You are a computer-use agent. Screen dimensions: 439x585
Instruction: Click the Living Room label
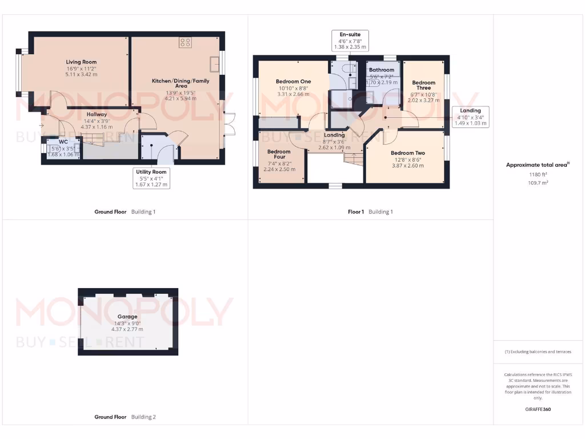(x=81, y=62)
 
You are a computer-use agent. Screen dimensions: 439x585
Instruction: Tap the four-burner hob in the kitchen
(x=185, y=42)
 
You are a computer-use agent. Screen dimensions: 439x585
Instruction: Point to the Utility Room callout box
(x=151, y=178)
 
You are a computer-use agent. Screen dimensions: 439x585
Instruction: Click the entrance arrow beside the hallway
(x=41, y=125)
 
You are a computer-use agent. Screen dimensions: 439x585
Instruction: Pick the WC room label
(x=63, y=141)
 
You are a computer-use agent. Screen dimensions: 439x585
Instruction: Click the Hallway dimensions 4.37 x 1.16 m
(x=97, y=127)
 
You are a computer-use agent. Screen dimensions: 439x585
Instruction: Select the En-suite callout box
(x=350, y=41)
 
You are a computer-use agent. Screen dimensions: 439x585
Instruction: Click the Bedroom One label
(x=293, y=81)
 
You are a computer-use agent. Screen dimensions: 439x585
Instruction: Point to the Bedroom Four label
(x=279, y=154)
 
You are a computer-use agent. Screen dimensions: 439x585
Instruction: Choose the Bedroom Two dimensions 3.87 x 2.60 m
(x=407, y=166)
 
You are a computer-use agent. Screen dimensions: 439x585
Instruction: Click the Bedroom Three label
(x=423, y=85)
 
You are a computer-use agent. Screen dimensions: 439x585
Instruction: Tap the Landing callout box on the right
(x=470, y=117)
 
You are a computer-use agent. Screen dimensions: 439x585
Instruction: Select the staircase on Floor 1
(x=353, y=158)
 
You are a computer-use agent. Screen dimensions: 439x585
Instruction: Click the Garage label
(x=127, y=316)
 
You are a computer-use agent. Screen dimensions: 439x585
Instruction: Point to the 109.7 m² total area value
(x=537, y=183)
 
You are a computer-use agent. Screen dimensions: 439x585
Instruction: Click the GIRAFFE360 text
(x=538, y=409)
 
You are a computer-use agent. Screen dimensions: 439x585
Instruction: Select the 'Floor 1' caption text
(x=355, y=211)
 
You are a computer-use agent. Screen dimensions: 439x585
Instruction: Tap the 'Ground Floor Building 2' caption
(x=125, y=417)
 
